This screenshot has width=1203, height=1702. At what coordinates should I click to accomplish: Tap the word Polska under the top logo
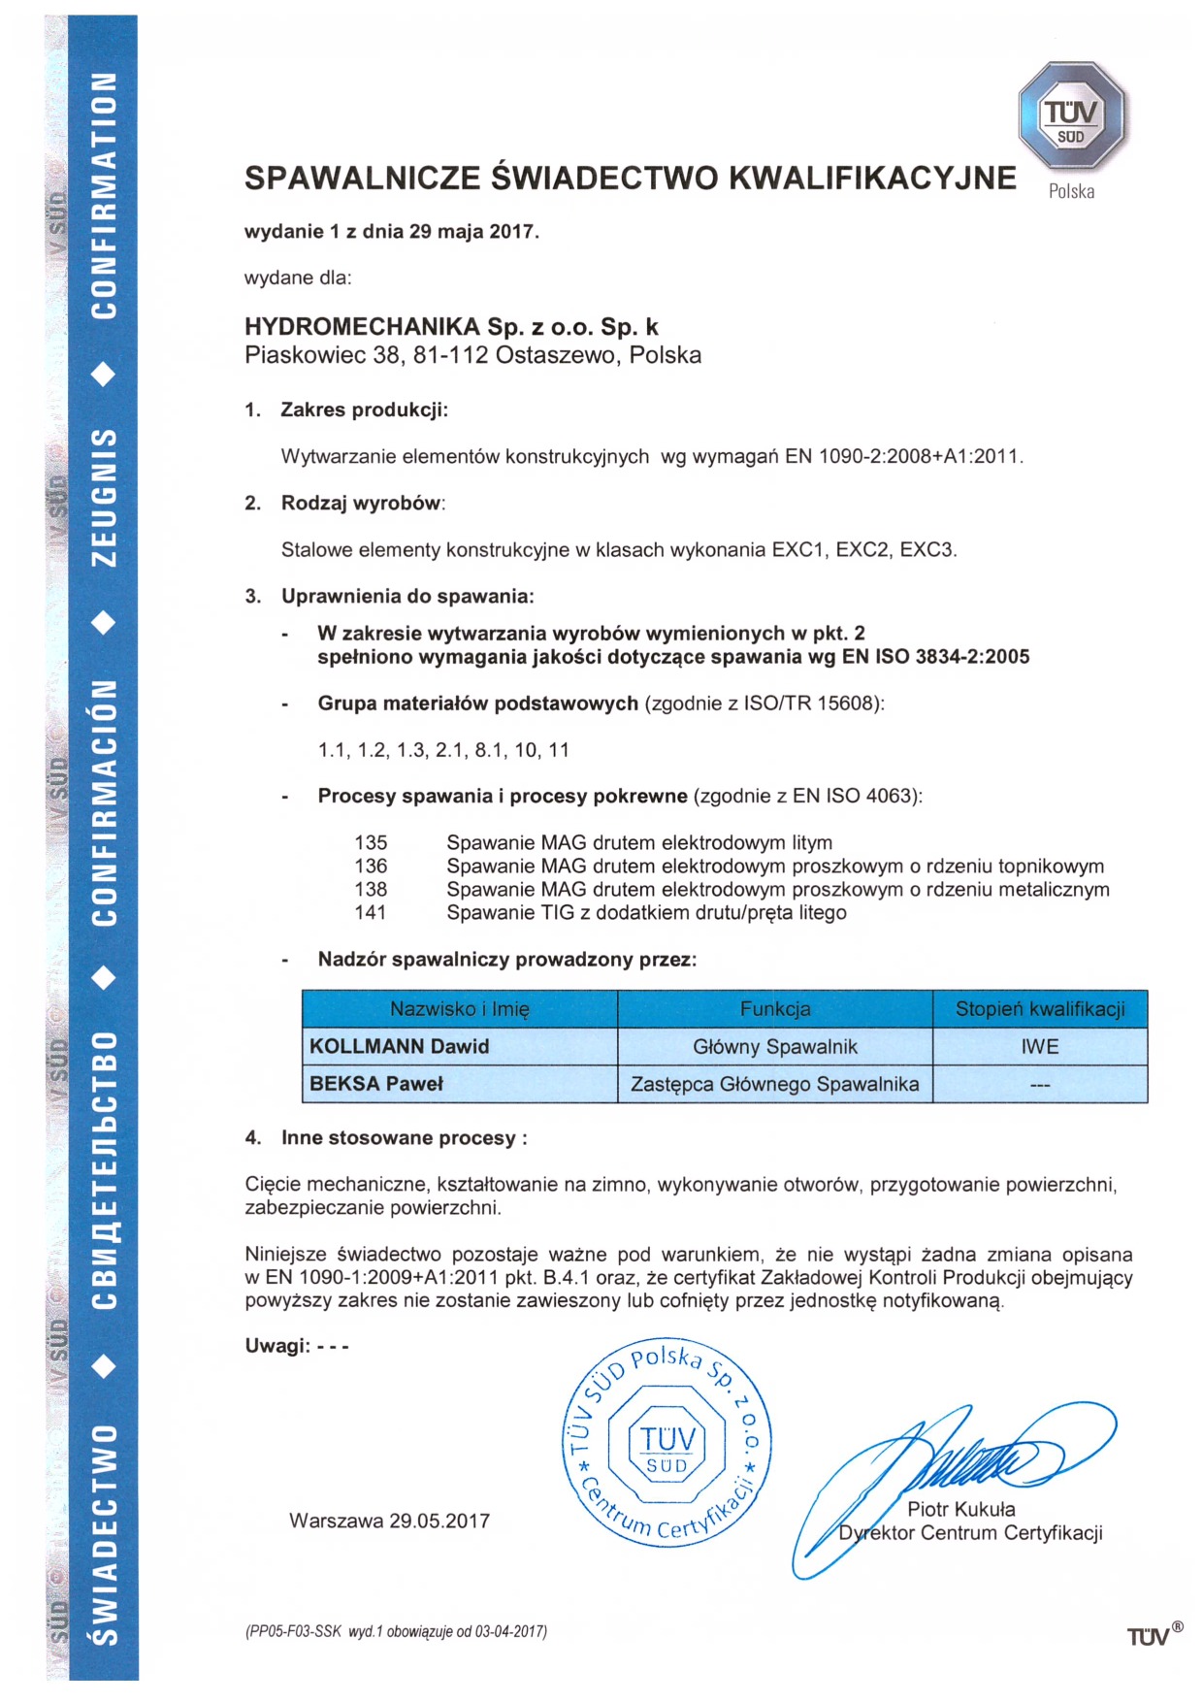click(1071, 191)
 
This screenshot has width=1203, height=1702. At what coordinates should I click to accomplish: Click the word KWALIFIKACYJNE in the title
click(871, 179)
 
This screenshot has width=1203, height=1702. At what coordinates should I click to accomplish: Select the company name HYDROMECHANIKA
click(362, 327)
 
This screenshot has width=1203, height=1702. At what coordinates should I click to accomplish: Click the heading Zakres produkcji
click(364, 409)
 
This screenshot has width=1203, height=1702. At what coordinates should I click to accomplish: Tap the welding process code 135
click(371, 842)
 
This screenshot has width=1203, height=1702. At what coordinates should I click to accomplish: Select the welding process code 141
click(371, 912)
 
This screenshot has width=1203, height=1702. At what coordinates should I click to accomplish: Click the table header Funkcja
click(775, 1009)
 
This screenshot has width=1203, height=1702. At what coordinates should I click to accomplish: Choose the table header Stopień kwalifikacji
click(1040, 1009)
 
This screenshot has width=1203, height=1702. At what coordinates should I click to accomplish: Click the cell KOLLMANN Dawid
click(399, 1047)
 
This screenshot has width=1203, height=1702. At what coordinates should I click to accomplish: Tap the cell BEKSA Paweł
click(375, 1084)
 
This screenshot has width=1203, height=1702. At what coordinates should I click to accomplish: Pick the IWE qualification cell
click(1040, 1047)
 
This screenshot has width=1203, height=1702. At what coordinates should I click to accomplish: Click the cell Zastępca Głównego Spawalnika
click(775, 1084)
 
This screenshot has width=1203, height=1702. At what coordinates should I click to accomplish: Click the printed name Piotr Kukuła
click(960, 1509)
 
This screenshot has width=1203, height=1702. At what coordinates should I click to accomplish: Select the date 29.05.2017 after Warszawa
click(439, 1521)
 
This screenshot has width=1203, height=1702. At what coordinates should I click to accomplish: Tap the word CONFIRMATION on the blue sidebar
click(105, 195)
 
